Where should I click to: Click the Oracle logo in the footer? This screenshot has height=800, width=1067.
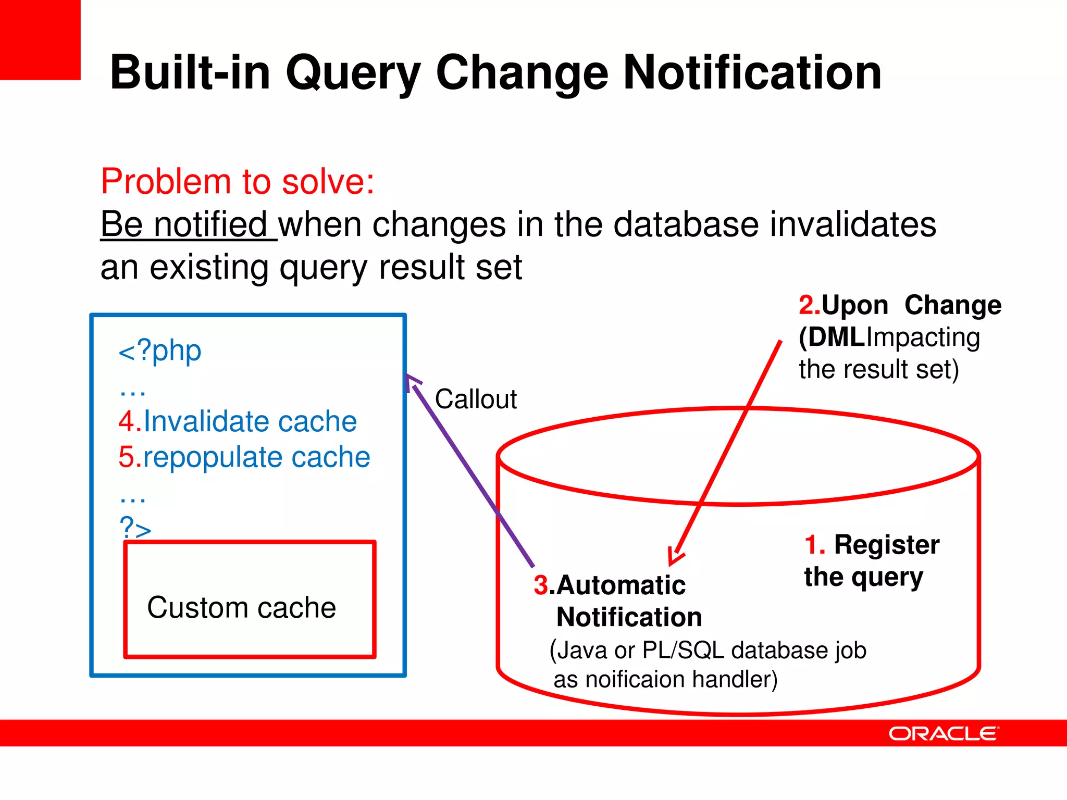943,733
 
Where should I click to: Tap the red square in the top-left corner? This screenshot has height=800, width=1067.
40,40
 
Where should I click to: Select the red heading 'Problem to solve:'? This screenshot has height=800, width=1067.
238,182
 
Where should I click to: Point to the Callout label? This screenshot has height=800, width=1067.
476,399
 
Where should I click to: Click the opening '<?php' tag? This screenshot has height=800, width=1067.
160,351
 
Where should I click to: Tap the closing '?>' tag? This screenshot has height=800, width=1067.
135,528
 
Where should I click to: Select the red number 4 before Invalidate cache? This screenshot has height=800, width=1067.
127,421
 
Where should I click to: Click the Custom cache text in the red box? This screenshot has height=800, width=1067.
241,608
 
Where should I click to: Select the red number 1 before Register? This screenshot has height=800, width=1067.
812,545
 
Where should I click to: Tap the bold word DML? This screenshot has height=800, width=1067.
836,337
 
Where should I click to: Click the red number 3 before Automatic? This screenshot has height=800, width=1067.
541,585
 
